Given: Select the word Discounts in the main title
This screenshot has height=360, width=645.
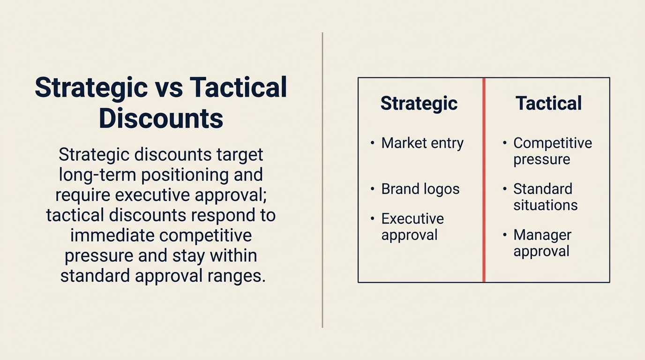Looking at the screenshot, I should pyautogui.click(x=161, y=118).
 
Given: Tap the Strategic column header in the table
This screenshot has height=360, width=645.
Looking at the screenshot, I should pyautogui.click(x=419, y=103).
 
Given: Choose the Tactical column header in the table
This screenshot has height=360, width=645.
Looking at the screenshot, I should pyautogui.click(x=548, y=103).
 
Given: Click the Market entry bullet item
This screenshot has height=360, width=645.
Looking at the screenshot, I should pyautogui.click(x=422, y=143).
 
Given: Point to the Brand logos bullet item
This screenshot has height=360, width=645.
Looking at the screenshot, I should pyautogui.click(x=420, y=189).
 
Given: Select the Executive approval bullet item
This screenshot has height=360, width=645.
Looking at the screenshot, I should pyautogui.click(x=412, y=226).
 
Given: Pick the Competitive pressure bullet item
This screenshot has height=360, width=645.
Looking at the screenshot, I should pyautogui.click(x=552, y=151).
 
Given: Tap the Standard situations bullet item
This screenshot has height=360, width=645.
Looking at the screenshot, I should pyautogui.click(x=545, y=197).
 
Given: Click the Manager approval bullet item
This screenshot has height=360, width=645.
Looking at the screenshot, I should pyautogui.click(x=542, y=243).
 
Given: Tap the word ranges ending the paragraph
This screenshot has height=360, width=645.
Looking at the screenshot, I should pyautogui.click(x=236, y=276).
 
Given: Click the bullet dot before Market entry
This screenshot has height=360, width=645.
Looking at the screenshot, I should pyautogui.click(x=372, y=142).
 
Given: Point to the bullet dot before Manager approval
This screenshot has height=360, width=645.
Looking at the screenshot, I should pyautogui.click(x=505, y=234).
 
